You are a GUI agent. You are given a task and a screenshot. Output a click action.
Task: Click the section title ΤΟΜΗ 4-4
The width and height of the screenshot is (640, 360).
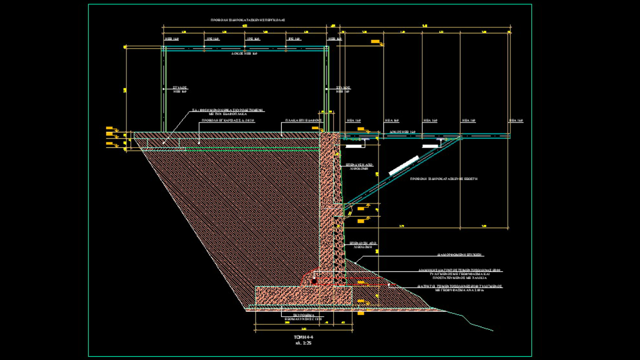(303, 337)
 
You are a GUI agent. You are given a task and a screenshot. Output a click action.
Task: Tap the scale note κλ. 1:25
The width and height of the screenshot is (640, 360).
(303, 343)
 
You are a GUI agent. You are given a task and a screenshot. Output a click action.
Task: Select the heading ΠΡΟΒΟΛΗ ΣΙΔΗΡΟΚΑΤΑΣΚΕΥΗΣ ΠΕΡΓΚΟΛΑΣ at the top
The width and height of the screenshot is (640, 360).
(248, 20)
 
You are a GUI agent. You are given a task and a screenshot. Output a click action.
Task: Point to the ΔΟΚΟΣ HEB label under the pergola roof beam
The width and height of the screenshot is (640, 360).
(244, 54)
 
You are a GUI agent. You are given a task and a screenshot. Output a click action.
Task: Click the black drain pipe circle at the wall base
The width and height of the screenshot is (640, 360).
(314, 280)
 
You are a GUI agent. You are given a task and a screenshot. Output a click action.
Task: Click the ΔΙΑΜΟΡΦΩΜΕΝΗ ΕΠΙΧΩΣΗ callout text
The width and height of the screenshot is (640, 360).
(461, 255)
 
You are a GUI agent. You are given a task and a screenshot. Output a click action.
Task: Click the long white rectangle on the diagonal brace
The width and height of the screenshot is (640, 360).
(404, 166)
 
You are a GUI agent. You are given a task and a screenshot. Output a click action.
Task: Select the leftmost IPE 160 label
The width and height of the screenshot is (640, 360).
(212, 39)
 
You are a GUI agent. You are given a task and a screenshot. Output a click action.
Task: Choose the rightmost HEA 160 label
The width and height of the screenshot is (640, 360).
(516, 120)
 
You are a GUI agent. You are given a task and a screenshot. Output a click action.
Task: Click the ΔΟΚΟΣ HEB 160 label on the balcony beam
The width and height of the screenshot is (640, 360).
(402, 132)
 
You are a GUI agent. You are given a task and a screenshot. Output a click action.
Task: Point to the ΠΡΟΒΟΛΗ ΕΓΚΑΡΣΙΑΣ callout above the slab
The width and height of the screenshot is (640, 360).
(228, 120)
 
